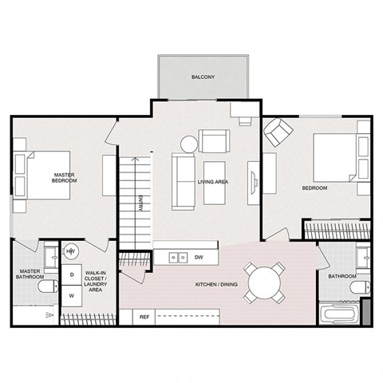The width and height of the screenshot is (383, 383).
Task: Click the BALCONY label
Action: tap(203, 77)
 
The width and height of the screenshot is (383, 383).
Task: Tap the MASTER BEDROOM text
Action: tap(65, 178)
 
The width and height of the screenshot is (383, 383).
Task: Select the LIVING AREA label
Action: tap(213, 182)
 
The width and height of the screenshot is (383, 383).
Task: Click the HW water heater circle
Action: tap(71, 251)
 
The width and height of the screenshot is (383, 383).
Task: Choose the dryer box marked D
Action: tap(72, 274)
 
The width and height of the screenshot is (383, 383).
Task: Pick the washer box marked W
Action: tap(72, 295)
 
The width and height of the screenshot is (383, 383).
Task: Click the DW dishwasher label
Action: tap(197, 257)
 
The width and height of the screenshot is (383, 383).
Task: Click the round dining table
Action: tap(264, 282)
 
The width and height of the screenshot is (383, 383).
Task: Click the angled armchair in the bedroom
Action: tap(278, 132)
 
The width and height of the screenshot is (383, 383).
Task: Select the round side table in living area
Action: tap(189, 144)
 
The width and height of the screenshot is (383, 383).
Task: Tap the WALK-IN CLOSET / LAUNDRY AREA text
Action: tap(98, 282)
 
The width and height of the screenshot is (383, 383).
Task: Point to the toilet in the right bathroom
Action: tap(361, 285)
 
